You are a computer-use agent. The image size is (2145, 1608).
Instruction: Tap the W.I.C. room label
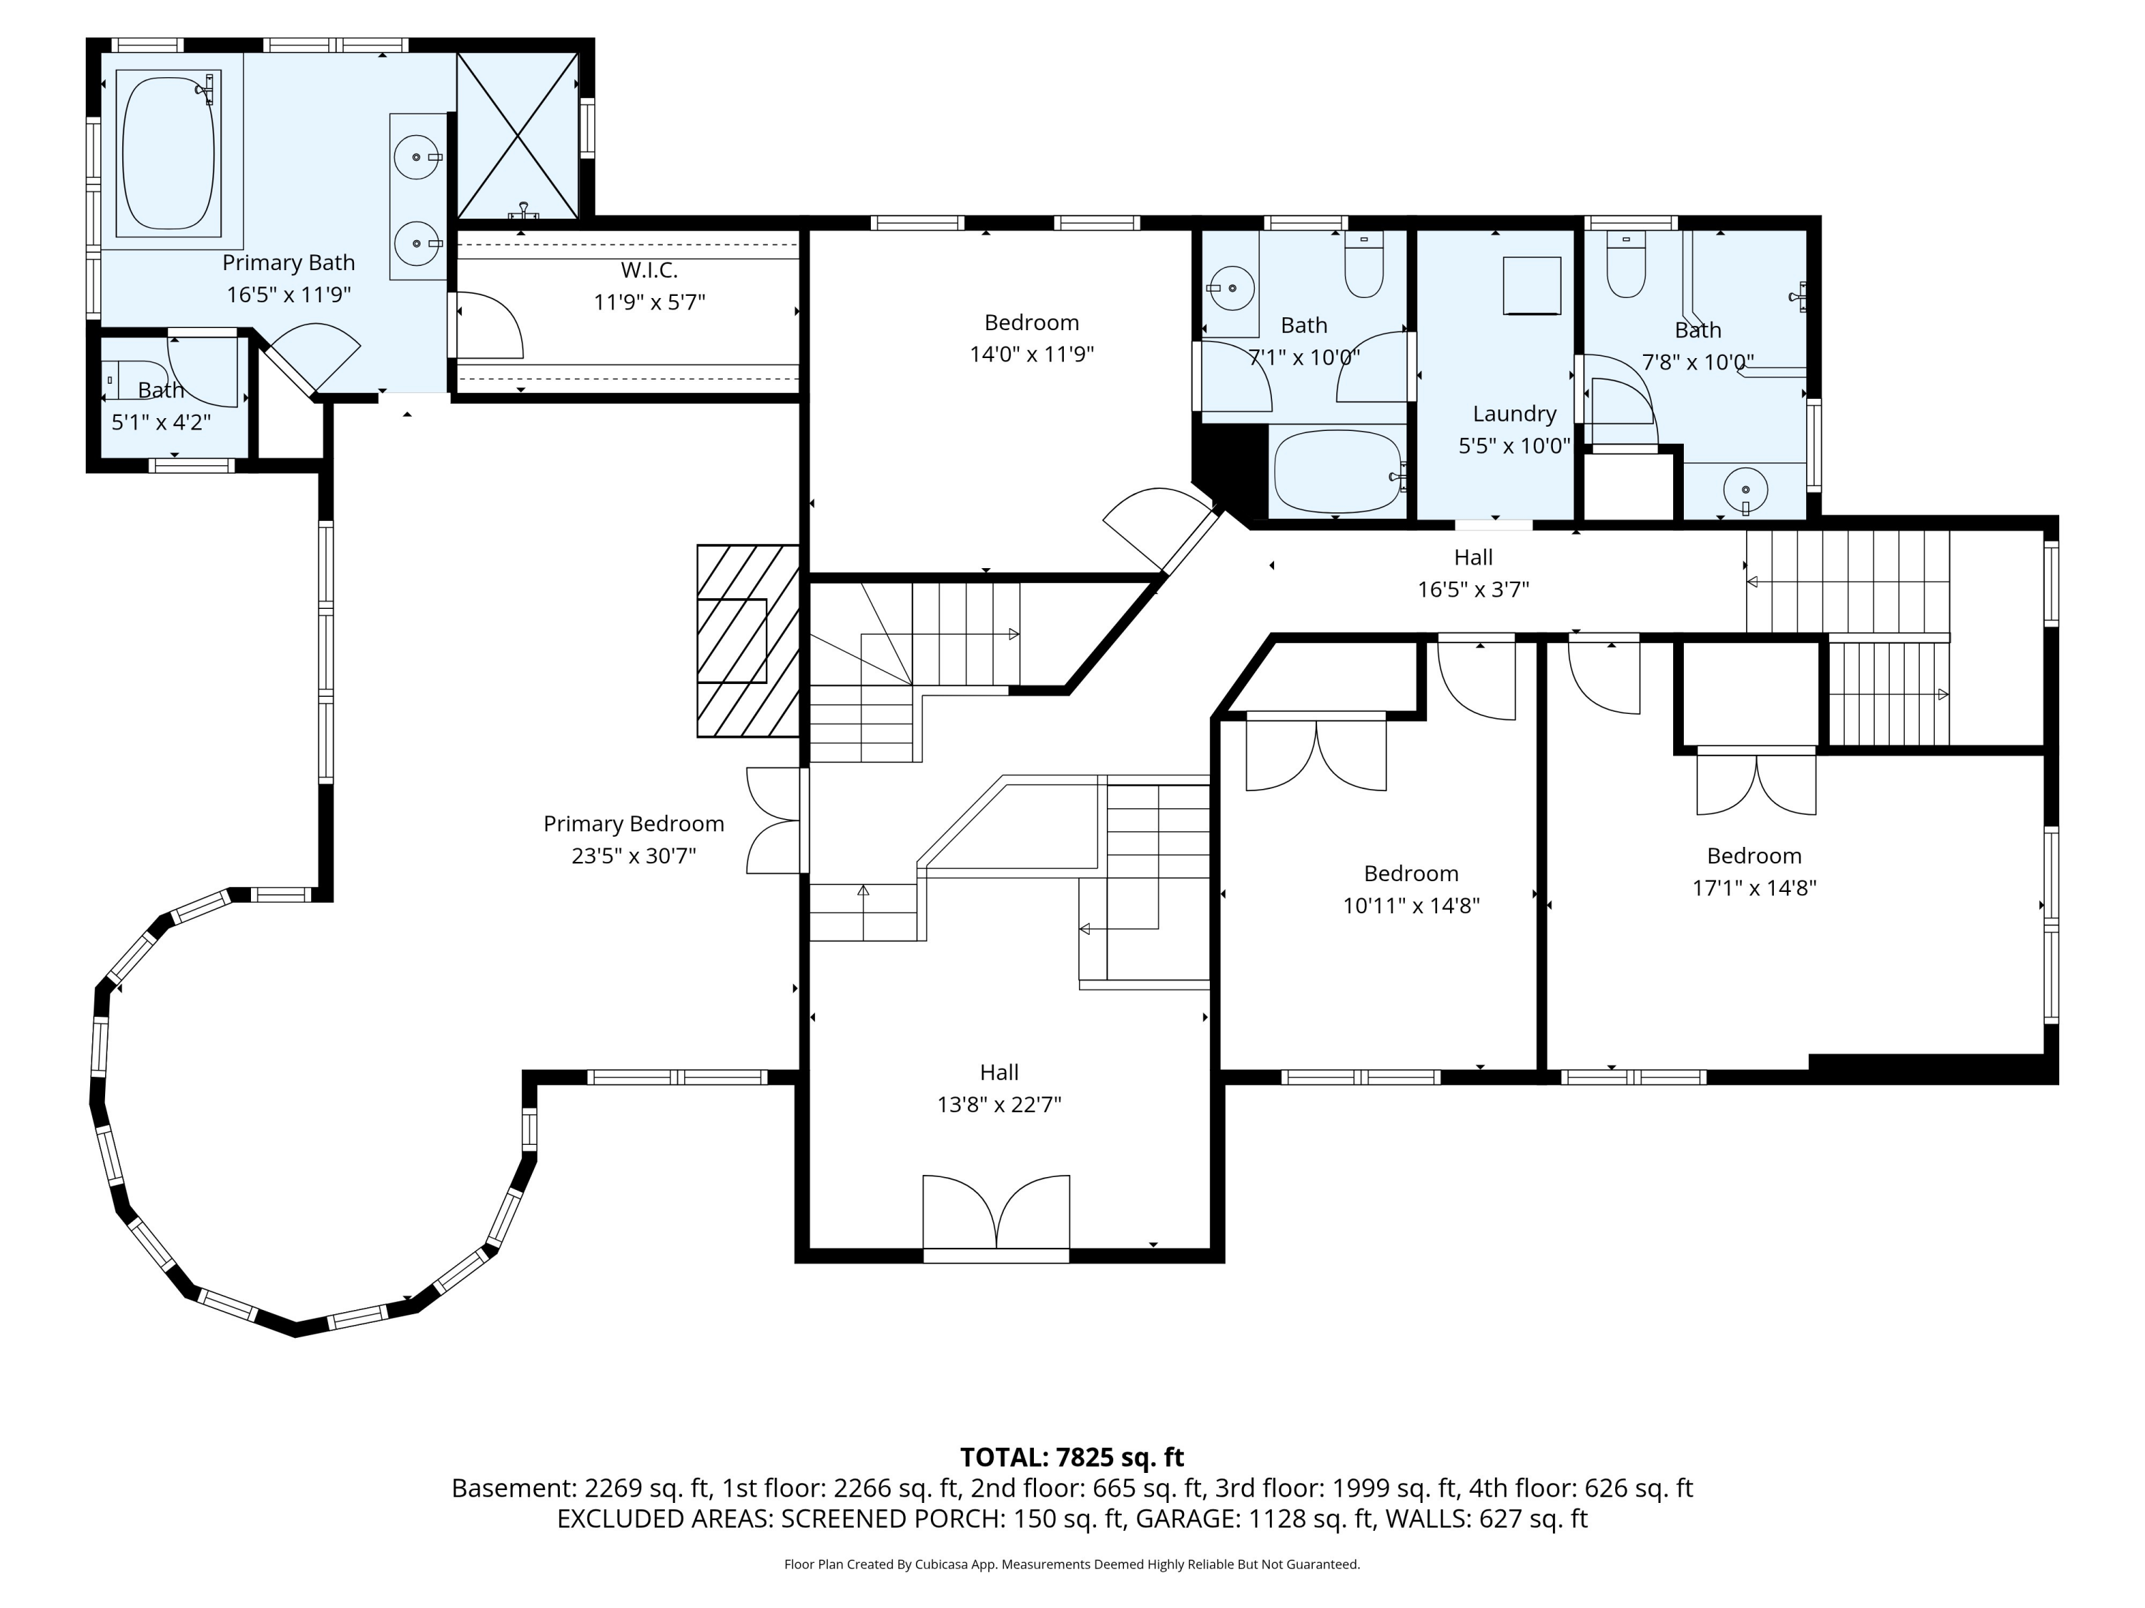[649, 270]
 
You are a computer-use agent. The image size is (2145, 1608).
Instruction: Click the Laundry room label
[1514, 414]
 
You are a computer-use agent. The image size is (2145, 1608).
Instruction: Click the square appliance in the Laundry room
[1532, 285]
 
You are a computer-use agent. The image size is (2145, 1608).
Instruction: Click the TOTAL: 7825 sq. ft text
[1072, 1456]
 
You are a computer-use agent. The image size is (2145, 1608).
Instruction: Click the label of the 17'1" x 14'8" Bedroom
[1753, 856]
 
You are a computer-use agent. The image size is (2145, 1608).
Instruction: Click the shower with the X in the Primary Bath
[518, 136]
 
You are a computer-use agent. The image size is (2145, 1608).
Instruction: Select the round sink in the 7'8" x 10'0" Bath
[1745, 490]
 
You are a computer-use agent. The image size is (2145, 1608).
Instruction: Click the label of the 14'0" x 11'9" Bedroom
[1031, 323]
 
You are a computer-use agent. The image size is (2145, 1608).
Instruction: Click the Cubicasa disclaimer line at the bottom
[1072, 1564]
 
